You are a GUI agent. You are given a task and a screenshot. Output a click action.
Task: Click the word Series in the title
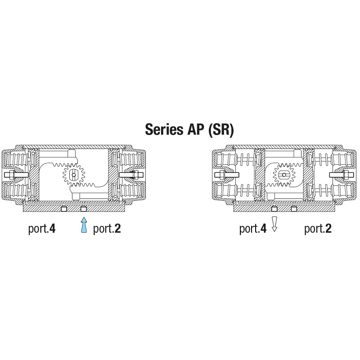pyautogui.click(x=164, y=129)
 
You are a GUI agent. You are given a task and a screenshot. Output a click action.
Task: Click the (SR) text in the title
pyautogui.click(x=221, y=130)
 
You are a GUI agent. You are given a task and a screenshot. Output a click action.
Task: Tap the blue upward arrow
pyautogui.click(x=84, y=225)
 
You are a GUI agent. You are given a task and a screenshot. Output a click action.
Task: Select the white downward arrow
pyautogui.click(x=274, y=224)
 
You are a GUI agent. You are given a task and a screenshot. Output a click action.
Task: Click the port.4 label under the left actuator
pyautogui.click(x=42, y=229)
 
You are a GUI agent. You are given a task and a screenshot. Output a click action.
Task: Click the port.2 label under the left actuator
pyautogui.click(x=107, y=229)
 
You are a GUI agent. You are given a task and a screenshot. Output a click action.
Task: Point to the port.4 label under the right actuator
pyautogui.click(x=253, y=229)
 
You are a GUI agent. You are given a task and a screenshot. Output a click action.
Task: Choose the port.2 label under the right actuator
pyautogui.click(x=318, y=229)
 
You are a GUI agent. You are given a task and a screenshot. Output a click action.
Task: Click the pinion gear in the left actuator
pyautogui.click(x=74, y=175)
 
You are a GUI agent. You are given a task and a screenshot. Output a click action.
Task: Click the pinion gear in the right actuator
pyautogui.click(x=284, y=175)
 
